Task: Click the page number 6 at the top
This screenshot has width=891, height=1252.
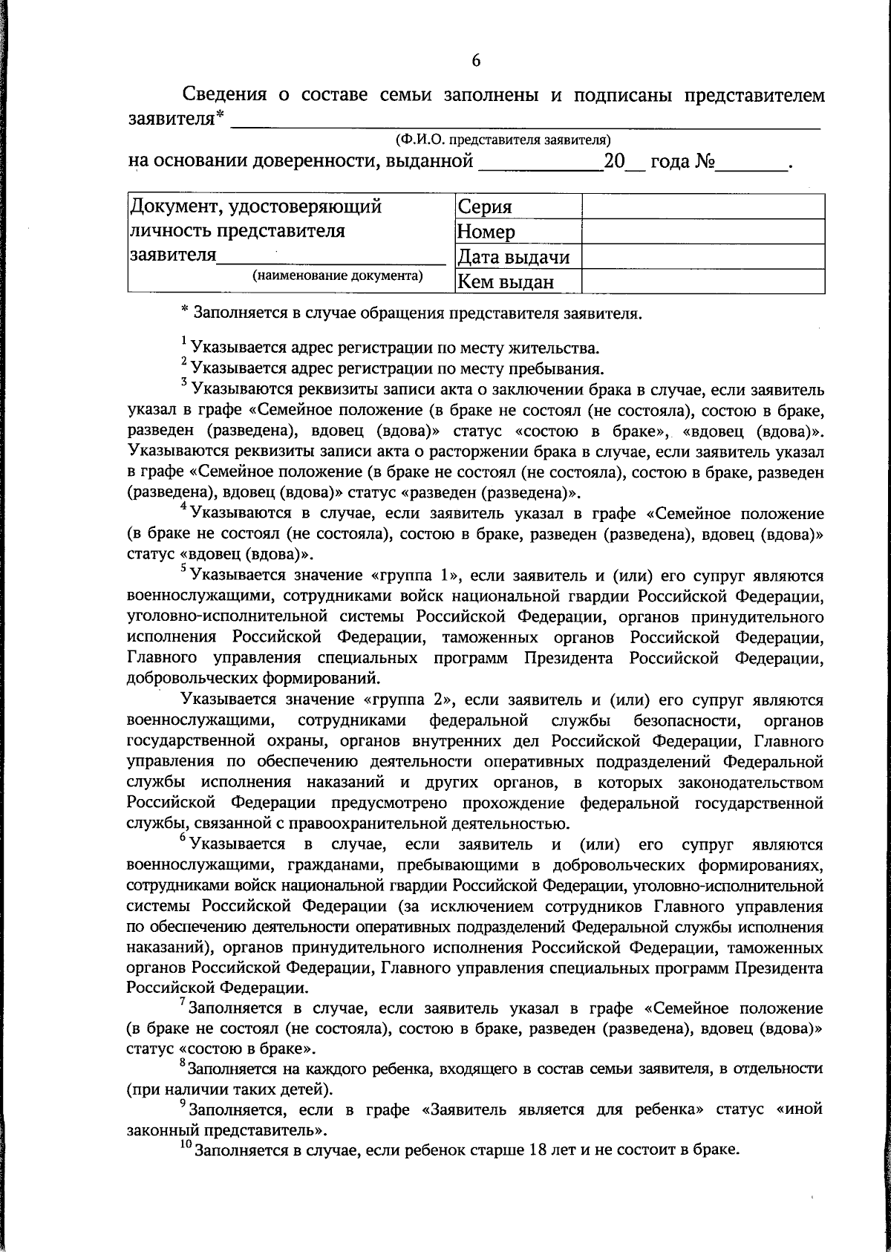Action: (476, 61)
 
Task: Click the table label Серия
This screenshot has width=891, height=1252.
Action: (485, 207)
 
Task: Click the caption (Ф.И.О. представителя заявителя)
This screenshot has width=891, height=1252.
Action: (503, 139)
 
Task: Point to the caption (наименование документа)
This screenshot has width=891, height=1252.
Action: (338, 275)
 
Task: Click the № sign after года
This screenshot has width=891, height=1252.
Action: (705, 161)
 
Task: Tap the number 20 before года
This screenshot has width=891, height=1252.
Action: (615, 161)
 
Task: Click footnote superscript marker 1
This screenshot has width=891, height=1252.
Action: (184, 341)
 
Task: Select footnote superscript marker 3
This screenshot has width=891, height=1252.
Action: (184, 382)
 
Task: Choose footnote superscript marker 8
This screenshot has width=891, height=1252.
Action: (183, 1063)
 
